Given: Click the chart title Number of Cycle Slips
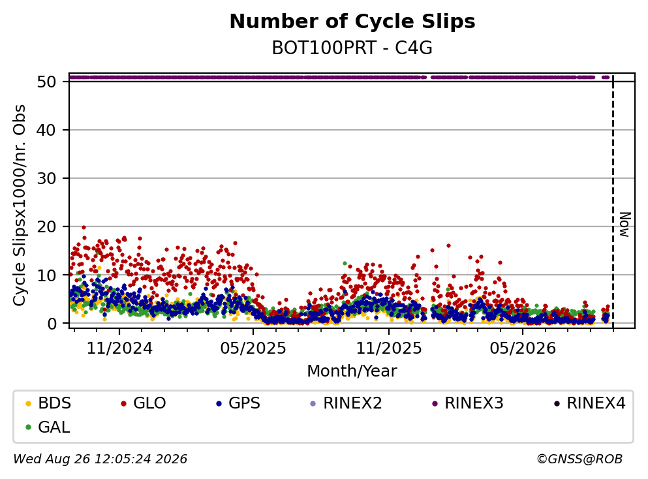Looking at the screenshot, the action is click(352, 22).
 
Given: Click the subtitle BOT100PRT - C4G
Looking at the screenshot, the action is click(352, 48).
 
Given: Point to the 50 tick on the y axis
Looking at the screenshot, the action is click(46, 82).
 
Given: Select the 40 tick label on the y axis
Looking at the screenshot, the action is click(46, 130).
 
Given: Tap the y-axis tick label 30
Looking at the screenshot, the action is click(46, 179).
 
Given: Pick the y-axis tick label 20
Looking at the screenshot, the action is click(46, 227).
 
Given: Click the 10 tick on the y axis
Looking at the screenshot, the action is click(46, 275).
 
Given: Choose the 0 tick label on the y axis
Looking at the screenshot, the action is click(52, 324).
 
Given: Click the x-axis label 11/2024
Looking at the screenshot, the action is click(119, 348).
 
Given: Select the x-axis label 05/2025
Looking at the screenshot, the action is click(253, 348).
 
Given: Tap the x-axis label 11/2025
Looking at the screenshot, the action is click(389, 348).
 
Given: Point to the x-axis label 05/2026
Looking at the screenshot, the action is click(523, 348).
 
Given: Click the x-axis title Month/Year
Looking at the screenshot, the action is click(352, 371).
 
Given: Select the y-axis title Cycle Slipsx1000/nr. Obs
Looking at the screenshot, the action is click(20, 206).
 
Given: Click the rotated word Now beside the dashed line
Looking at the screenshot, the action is click(625, 225).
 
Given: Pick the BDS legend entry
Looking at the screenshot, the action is click(48, 403).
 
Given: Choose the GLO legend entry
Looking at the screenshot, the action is click(144, 403).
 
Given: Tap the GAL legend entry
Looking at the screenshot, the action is click(48, 427).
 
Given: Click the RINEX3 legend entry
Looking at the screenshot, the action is click(467, 403).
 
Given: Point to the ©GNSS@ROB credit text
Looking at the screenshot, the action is click(579, 459).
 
